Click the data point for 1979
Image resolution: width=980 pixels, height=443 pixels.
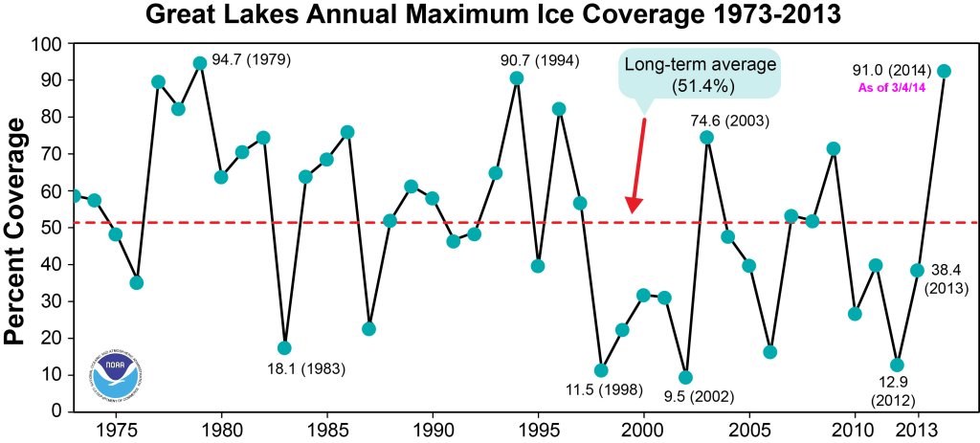pyautogui.click(x=199, y=63)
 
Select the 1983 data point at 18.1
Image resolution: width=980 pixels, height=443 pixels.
pyautogui.click(x=284, y=347)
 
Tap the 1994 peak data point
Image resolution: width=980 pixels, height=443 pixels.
pyautogui.click(x=517, y=78)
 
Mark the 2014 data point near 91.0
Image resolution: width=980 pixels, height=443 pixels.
pyautogui.click(x=944, y=71)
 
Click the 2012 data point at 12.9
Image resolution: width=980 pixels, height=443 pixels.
pyautogui.click(x=897, y=365)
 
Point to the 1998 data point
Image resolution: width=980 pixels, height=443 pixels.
pyautogui.click(x=601, y=370)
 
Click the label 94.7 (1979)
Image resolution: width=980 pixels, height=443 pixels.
pyautogui.click(x=251, y=59)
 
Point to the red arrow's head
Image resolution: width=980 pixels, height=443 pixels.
pyautogui.click(x=633, y=206)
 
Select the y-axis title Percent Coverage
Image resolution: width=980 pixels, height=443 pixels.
pyautogui.click(x=21, y=228)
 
